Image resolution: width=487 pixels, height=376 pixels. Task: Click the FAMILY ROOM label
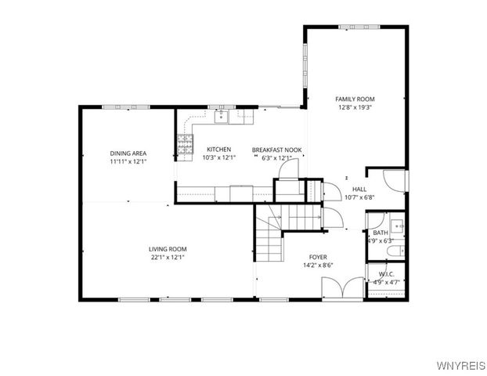pos(355,99)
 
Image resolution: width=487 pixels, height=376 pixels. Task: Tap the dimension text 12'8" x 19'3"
pos(355,108)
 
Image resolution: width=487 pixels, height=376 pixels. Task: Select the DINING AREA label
pos(128,153)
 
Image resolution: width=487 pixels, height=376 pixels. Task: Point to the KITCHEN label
pos(218,149)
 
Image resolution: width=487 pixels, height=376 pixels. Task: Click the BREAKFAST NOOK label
pos(276,149)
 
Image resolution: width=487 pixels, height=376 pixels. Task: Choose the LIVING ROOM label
pos(168,249)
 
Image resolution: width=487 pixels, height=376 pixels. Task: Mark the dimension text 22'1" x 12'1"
pos(168,258)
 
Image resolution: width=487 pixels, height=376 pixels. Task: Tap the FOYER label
pos(318,257)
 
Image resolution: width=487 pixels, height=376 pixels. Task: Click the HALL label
pos(359,189)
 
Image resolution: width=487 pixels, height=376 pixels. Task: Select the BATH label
pos(380,233)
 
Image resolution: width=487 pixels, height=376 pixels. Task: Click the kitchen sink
pos(221,117)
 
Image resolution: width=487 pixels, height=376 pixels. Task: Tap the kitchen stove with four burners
pos(185,143)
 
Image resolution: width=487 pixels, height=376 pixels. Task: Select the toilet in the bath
pos(397,251)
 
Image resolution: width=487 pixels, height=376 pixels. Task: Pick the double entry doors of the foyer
pos(342,288)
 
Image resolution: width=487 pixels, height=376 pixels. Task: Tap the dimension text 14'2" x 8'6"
pos(318,266)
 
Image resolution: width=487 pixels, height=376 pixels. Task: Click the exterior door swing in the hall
pos(395,182)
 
